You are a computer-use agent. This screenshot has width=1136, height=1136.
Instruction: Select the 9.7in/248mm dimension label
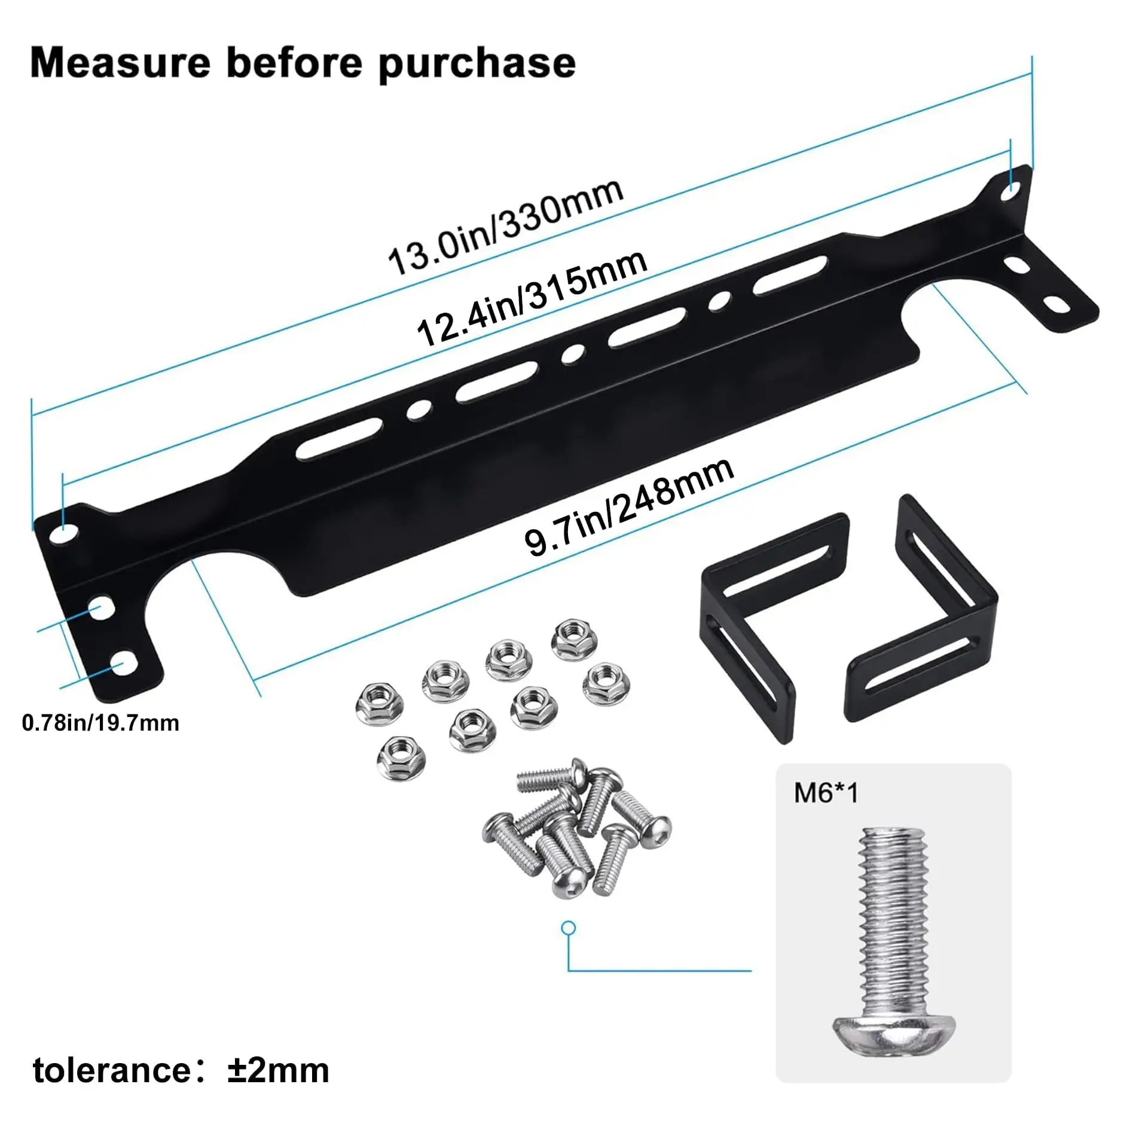point(629,506)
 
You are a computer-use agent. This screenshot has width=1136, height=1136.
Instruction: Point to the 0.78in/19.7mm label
point(100,723)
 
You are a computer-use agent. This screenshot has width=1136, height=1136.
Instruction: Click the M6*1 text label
point(826,793)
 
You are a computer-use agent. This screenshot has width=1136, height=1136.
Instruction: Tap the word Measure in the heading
point(120,63)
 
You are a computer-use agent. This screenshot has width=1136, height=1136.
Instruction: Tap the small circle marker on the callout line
point(569,928)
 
